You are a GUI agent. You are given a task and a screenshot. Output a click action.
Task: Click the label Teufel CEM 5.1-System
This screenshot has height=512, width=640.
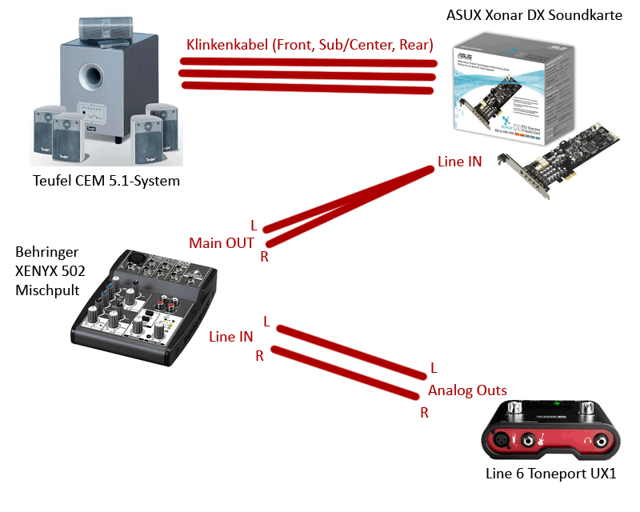pyautogui.click(x=106, y=181)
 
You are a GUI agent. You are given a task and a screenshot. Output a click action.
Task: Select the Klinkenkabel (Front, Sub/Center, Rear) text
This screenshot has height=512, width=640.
pyautogui.click(x=310, y=44)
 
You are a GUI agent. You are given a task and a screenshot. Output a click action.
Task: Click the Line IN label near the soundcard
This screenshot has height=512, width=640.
pyautogui.click(x=459, y=162)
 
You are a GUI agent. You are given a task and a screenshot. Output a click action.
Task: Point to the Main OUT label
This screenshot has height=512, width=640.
pyautogui.click(x=222, y=242)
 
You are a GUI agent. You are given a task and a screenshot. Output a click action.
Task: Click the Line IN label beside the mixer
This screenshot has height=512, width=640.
pyautogui.click(x=230, y=337)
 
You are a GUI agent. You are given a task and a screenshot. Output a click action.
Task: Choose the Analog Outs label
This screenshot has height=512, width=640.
pyautogui.click(x=467, y=390)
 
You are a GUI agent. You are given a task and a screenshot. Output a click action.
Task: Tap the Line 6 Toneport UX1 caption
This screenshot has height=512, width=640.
pyautogui.click(x=551, y=473)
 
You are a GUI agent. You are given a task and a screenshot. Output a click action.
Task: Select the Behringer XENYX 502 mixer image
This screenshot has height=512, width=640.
pyautogui.click(x=143, y=300)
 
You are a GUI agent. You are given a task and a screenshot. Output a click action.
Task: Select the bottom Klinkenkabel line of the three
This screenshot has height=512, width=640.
pyautogui.click(x=308, y=87)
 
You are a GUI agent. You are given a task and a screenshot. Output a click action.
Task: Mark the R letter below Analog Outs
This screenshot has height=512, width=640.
pyautogui.click(x=424, y=413)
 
